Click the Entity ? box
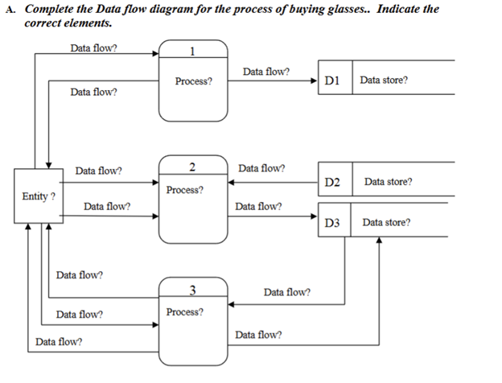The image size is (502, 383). tap(37, 196)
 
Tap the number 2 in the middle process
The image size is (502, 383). tap(192, 167)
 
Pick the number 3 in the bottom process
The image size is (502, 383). tap(192, 290)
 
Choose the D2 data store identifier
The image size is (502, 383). tap(334, 183)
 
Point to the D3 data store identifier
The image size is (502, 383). tap(334, 223)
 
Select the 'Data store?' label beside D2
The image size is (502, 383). tap(389, 183)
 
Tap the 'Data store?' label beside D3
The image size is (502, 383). tap(386, 223)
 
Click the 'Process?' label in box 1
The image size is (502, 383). tap(193, 82)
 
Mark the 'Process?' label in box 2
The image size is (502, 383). tap(185, 191)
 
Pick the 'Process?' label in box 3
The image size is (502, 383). tap(185, 311)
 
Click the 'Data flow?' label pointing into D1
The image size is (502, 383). tap(266, 72)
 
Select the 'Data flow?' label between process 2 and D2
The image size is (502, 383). tap(261, 169)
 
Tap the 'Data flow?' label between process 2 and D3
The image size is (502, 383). tap(258, 207)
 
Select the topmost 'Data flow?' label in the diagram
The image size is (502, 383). tap(93, 47)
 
